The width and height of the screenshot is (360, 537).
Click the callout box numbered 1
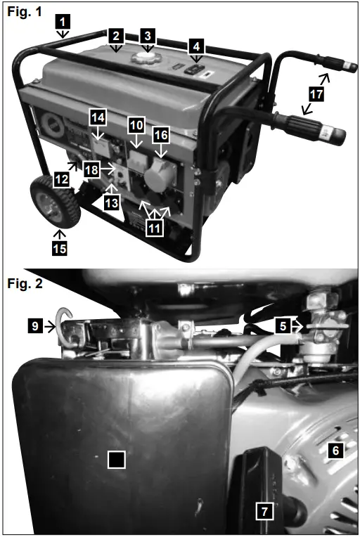click(x=63, y=22)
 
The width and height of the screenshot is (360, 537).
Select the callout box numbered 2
click(x=116, y=36)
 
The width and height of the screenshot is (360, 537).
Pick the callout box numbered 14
click(x=98, y=115)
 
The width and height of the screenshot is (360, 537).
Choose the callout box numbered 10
click(x=136, y=125)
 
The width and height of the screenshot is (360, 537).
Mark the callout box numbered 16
click(x=161, y=134)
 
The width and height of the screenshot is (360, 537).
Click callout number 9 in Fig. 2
click(x=36, y=325)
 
